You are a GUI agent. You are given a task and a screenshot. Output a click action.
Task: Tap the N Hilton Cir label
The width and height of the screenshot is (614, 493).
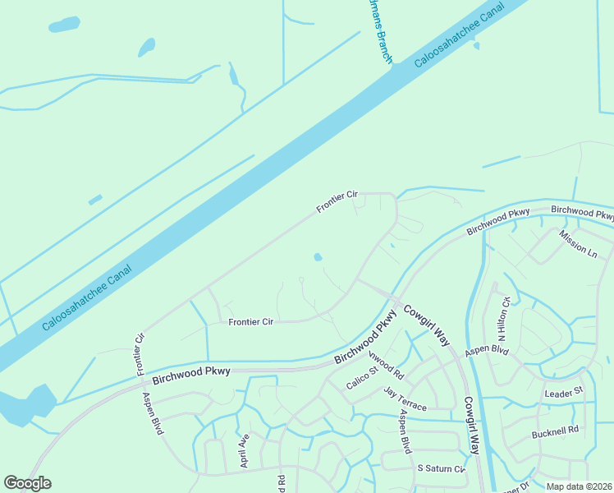pyautogui.click(x=505, y=320)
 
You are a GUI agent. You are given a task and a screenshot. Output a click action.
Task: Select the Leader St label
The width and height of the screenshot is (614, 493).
pyautogui.click(x=563, y=394)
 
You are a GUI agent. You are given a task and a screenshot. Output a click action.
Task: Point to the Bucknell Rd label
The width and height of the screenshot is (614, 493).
pyautogui.click(x=555, y=430)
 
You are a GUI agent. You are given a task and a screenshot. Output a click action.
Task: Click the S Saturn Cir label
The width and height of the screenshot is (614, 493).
pyautogui.click(x=441, y=468)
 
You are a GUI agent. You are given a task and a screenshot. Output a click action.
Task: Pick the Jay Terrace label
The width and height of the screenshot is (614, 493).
pyautogui.click(x=406, y=400)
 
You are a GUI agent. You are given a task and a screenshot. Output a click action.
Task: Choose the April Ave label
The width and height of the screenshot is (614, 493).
pyautogui.click(x=244, y=451)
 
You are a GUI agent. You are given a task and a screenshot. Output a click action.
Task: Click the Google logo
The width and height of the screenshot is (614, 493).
pyautogui.click(x=27, y=483)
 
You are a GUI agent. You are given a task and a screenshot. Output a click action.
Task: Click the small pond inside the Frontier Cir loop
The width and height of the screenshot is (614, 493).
pyautogui.click(x=318, y=257)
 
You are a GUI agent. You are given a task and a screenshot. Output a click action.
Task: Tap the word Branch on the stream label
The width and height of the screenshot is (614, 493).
pyautogui.click(x=384, y=48)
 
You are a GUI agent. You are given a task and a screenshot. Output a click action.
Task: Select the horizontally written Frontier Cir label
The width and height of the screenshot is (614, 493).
pyautogui.click(x=250, y=322)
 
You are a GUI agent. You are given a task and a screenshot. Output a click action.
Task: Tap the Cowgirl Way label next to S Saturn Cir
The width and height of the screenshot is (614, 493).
pyautogui.click(x=470, y=426)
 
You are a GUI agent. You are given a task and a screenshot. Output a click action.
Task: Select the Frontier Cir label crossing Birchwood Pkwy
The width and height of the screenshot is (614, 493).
pyautogui.click(x=140, y=354)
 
